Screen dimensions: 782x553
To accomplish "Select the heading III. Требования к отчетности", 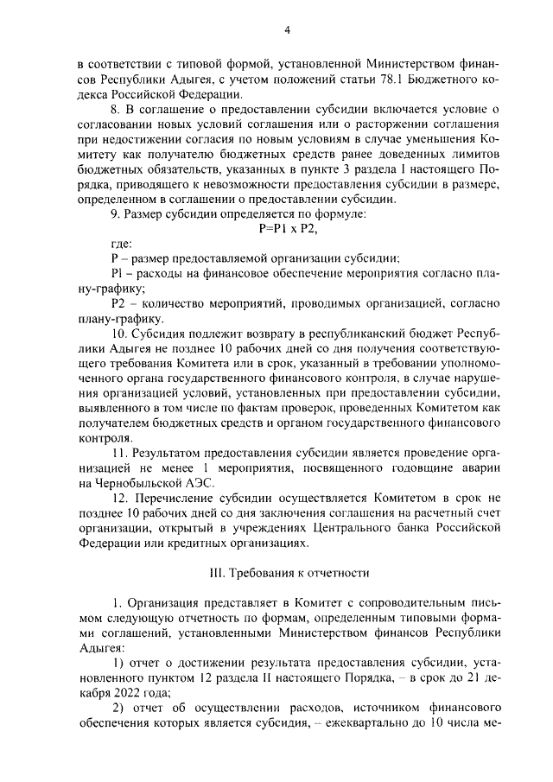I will (x=286, y=572).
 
